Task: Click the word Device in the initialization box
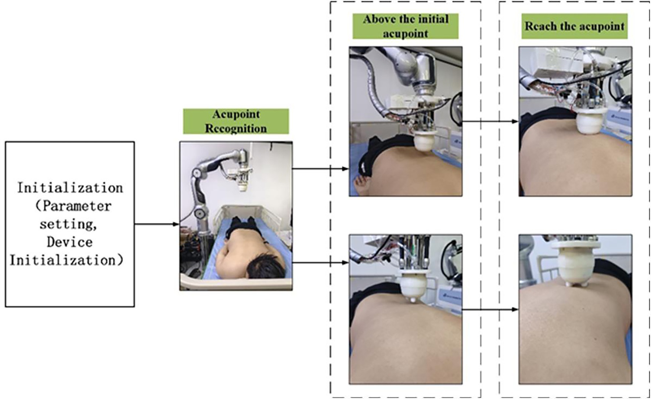coord(69,242)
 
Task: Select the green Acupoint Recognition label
coord(236,121)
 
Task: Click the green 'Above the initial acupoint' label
coord(406,26)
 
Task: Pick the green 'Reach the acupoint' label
coord(574,26)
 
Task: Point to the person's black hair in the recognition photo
coord(266,268)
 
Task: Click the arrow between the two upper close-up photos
coord(490,121)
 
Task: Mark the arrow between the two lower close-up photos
coord(490,309)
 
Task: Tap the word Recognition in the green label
coord(236,128)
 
